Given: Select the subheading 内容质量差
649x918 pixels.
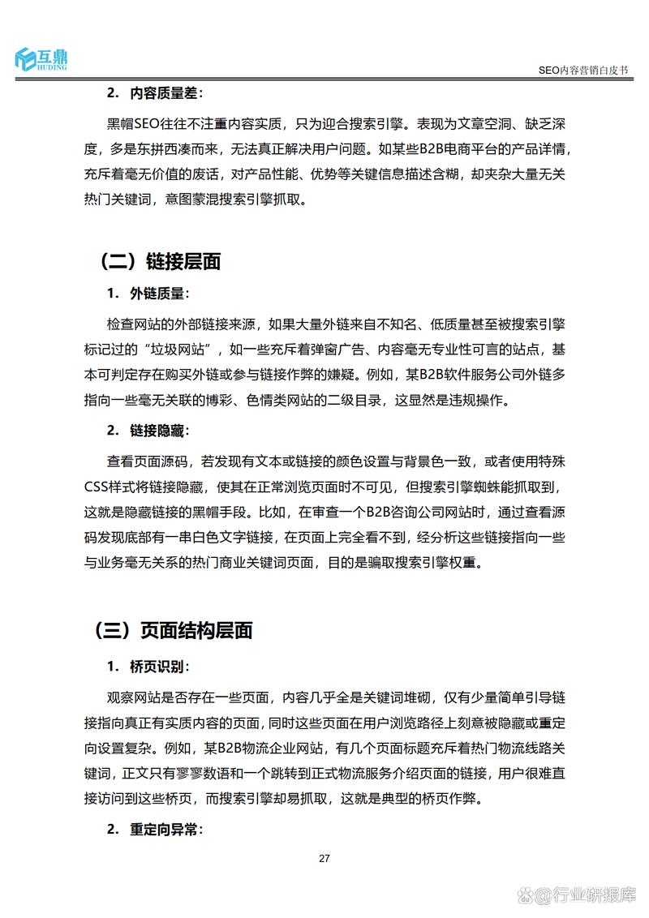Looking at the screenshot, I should tap(166, 92).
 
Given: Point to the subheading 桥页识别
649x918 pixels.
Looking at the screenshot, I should tap(159, 667).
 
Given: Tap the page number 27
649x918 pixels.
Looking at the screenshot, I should tap(324, 859).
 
